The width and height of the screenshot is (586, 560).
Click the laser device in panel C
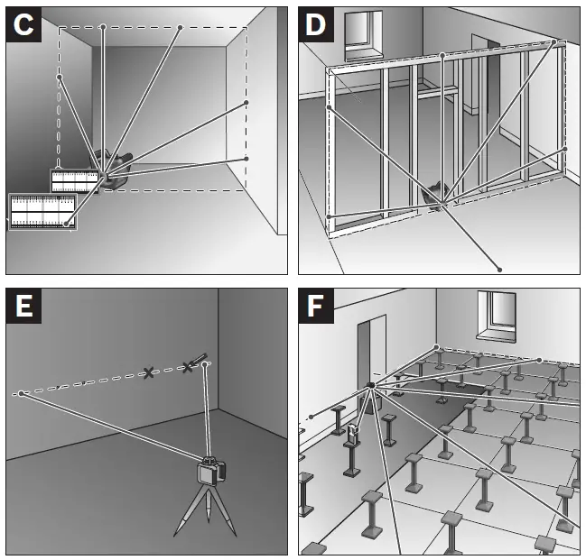coord(112,170)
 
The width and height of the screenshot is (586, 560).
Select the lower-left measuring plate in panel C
coord(42,211)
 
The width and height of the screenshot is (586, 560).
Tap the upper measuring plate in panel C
coord(74,181)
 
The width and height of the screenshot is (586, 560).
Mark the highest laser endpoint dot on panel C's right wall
coord(246,104)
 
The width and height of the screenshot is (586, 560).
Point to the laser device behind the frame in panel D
coord(439,194)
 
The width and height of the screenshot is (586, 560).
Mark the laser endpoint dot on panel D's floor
coord(499,268)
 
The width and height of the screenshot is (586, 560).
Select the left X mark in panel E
coord(149,372)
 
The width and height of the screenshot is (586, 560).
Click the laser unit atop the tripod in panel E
coord(211,473)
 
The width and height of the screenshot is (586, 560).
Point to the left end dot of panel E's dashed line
coord(20,394)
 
